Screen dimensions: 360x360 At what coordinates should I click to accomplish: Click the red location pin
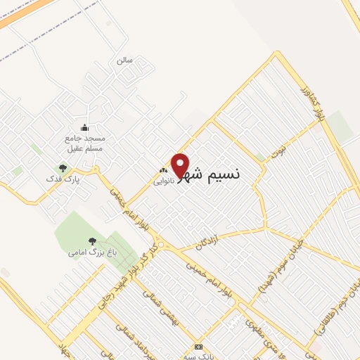tap(181, 165)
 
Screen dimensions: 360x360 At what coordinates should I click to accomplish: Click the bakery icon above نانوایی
tap(164, 170)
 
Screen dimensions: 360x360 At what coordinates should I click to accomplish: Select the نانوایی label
tap(163, 180)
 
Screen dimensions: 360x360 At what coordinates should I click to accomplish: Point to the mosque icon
tap(85, 127)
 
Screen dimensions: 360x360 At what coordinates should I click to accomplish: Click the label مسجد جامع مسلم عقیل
tap(85, 143)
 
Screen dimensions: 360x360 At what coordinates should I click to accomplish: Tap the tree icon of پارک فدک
tap(63, 168)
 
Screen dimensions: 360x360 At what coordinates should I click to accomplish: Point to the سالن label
tap(124, 60)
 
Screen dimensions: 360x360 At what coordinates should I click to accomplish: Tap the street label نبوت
tap(279, 150)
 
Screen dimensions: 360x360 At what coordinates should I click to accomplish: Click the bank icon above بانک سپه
tap(199, 347)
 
